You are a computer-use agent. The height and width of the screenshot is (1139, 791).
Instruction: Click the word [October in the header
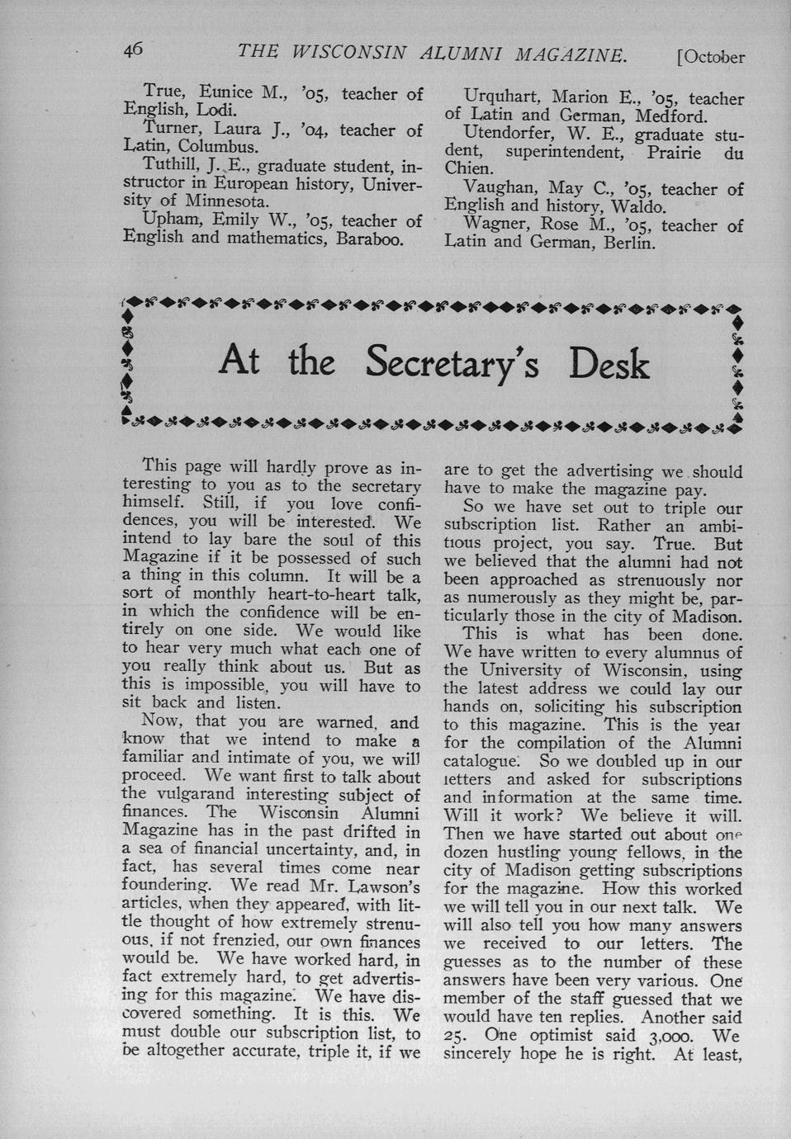pyautogui.click(x=710, y=58)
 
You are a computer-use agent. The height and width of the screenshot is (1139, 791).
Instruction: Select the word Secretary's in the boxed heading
pyautogui.click(x=452, y=363)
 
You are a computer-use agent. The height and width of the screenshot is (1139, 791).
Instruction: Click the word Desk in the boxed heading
pyautogui.click(x=609, y=363)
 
